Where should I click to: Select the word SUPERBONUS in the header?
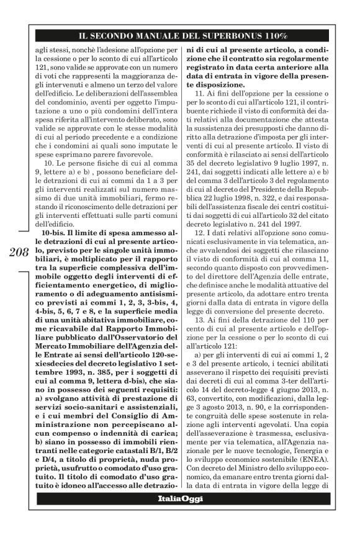[x=235, y=36]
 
